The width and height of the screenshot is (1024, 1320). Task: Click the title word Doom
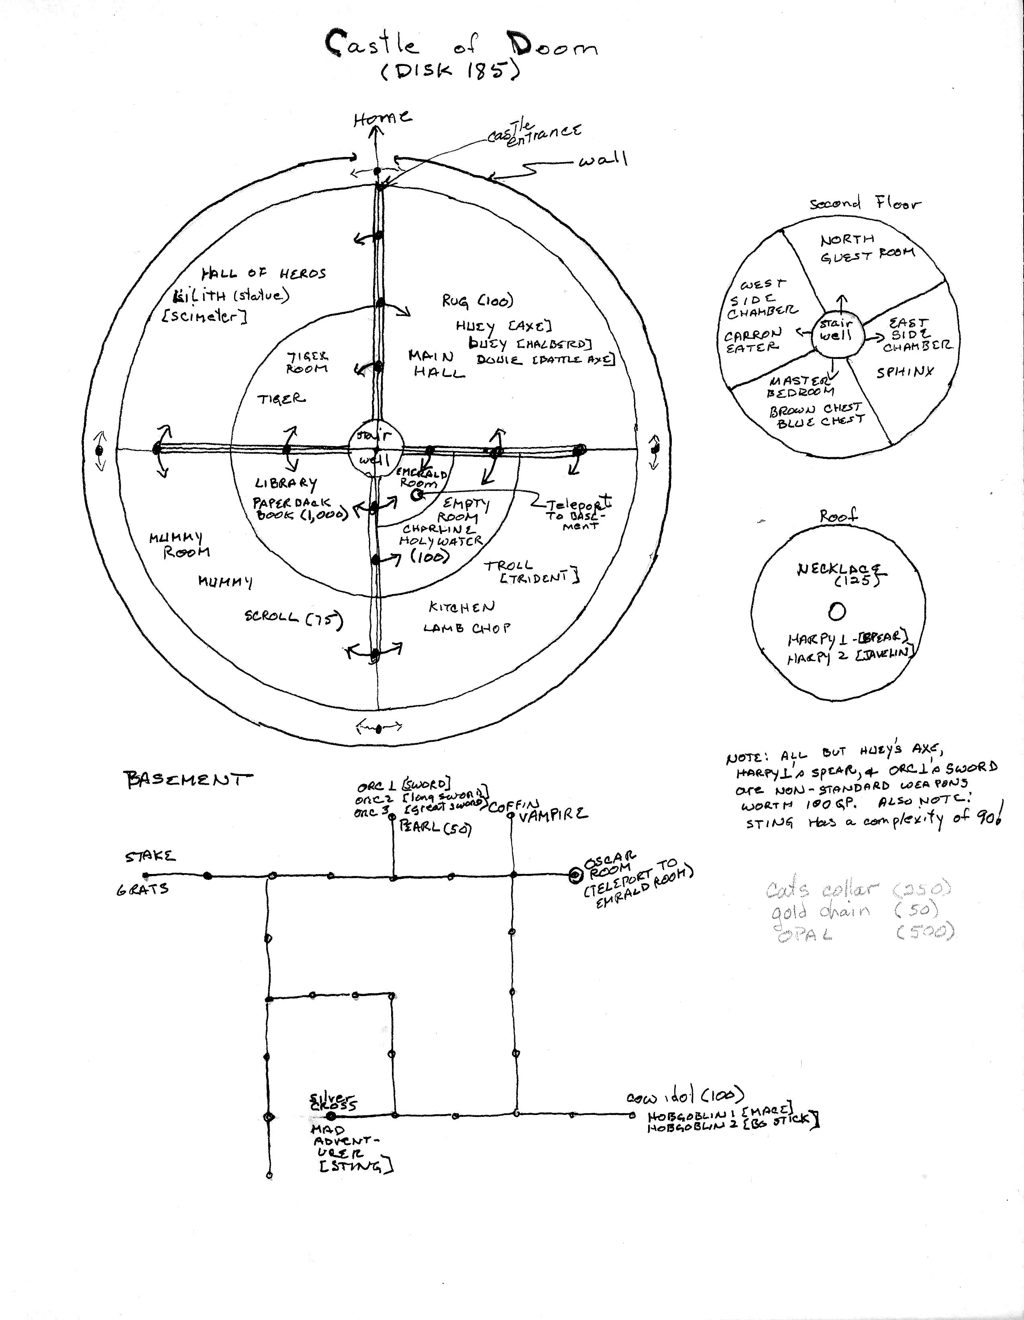click(551, 46)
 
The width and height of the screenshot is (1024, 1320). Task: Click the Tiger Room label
click(307, 363)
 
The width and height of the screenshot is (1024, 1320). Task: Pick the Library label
click(286, 483)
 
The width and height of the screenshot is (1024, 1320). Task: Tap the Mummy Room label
click(180, 544)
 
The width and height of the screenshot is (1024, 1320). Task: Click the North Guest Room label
click(866, 248)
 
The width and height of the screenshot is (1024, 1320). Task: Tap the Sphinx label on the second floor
click(905, 372)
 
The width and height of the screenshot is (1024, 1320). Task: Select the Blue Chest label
click(821, 421)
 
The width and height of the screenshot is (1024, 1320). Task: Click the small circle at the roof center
click(836, 612)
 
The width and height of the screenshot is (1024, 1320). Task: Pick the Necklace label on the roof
click(839, 569)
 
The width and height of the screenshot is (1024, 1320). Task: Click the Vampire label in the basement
click(552, 814)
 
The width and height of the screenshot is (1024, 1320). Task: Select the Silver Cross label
click(332, 1101)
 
